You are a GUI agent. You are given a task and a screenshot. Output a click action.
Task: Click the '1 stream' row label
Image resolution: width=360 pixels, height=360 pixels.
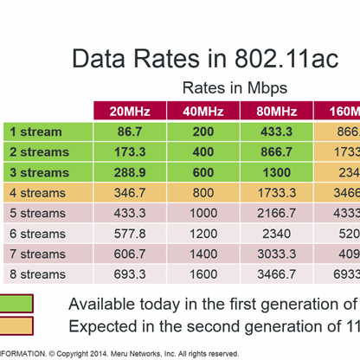[35, 132]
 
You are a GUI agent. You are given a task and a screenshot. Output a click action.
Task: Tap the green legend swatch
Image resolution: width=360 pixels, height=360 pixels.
[16, 304]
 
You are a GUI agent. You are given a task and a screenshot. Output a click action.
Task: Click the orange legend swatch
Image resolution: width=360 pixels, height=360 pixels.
[16, 326]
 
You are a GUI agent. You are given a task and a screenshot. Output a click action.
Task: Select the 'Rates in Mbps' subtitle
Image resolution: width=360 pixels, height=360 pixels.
[234, 87]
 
